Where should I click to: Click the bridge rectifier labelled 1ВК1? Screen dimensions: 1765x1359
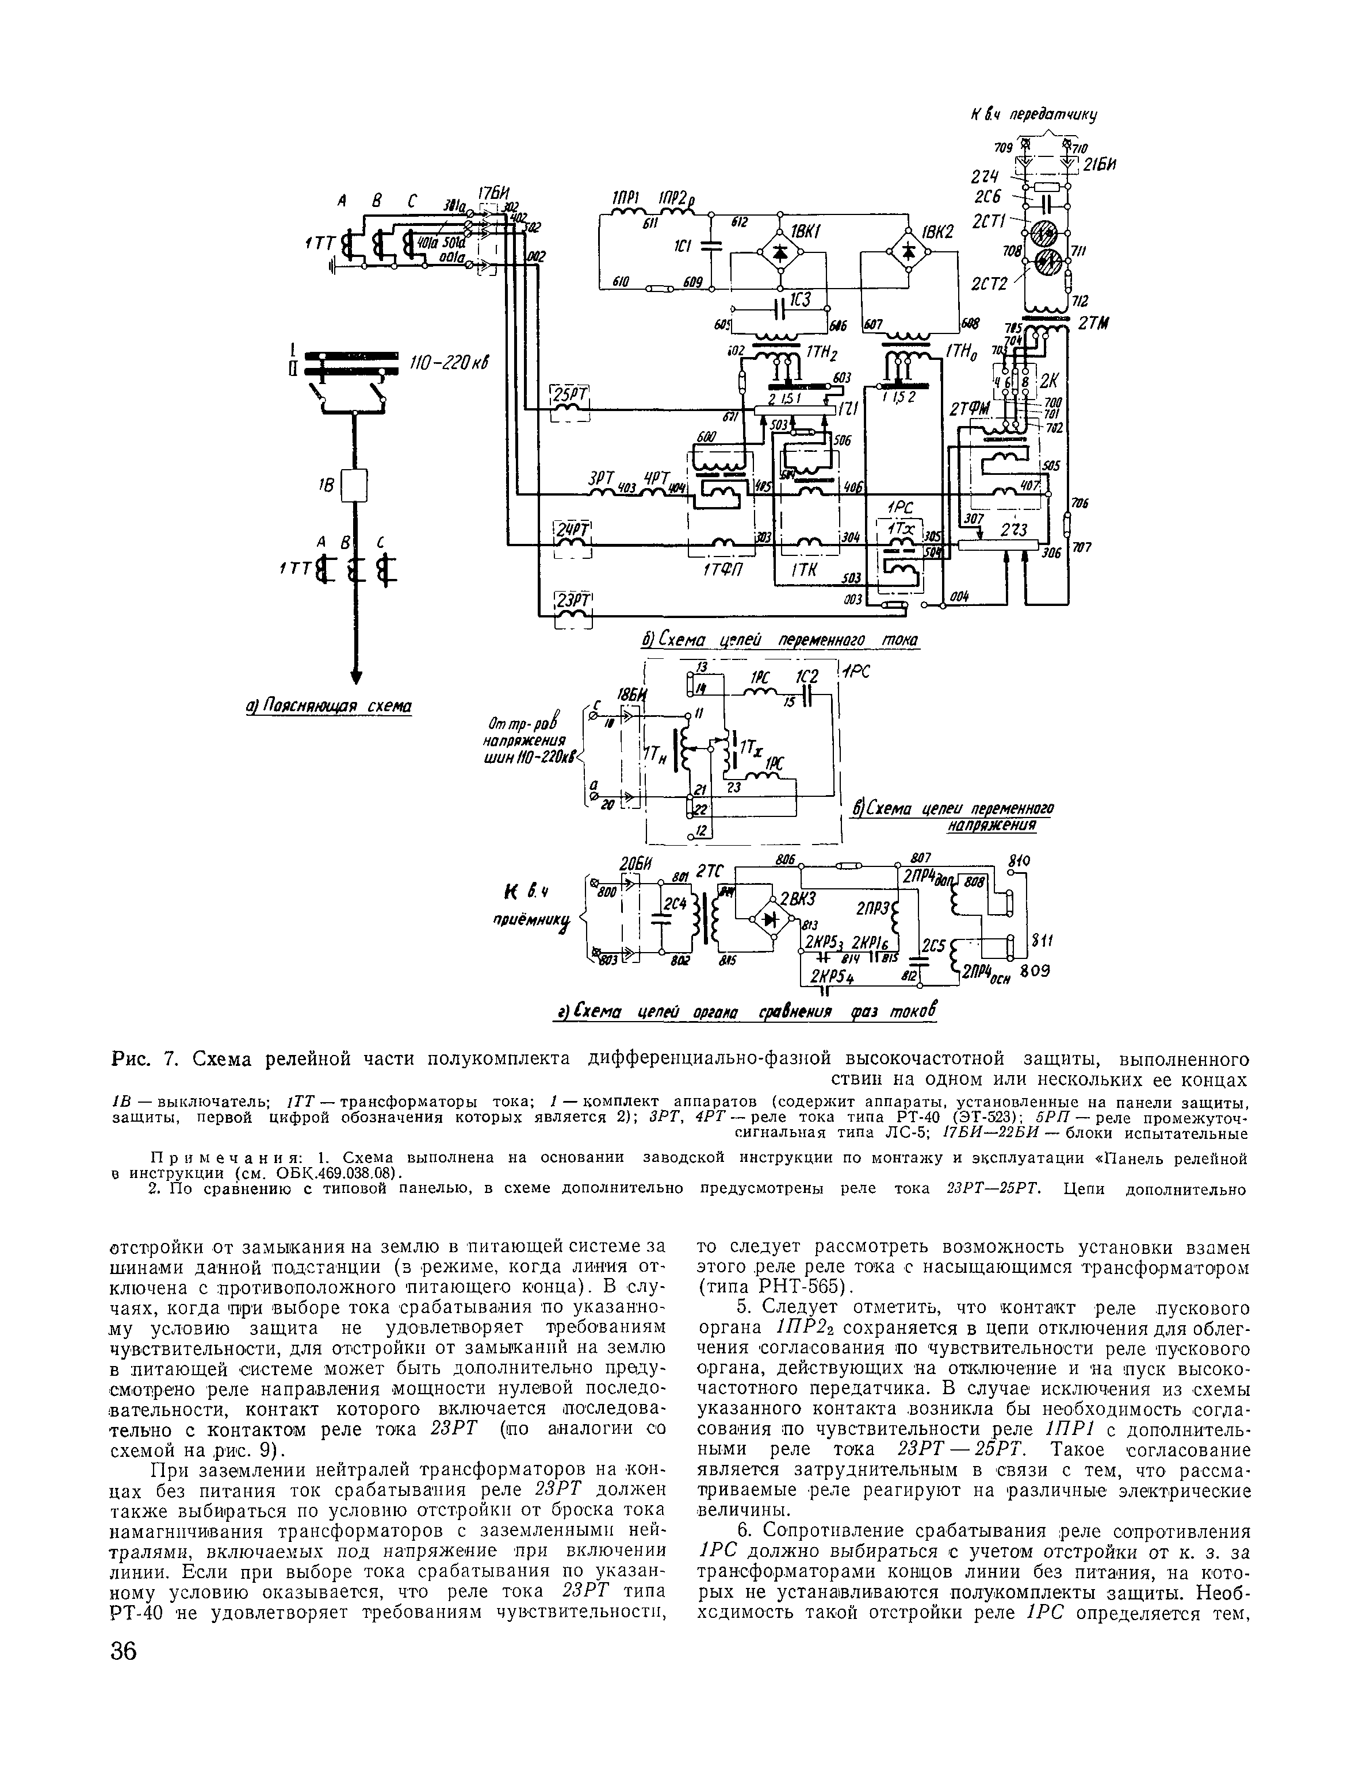[x=779, y=252]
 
